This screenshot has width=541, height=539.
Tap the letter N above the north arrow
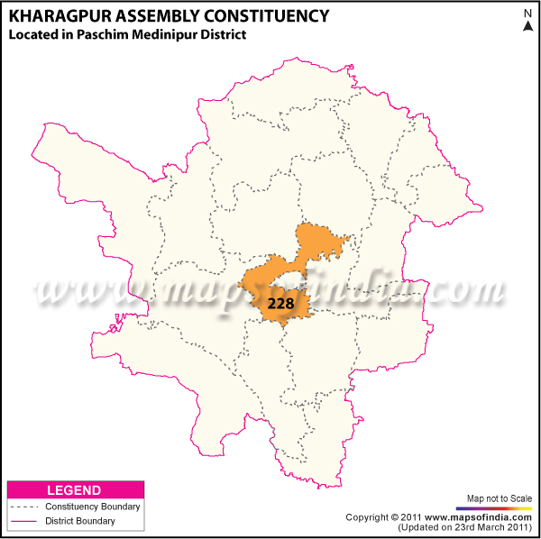[x=528, y=12]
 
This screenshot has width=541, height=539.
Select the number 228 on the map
[x=281, y=304]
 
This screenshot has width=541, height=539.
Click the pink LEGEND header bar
[x=74, y=490]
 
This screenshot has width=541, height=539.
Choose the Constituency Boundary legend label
[x=93, y=507]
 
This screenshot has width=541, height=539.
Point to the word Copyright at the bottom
[x=370, y=517]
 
